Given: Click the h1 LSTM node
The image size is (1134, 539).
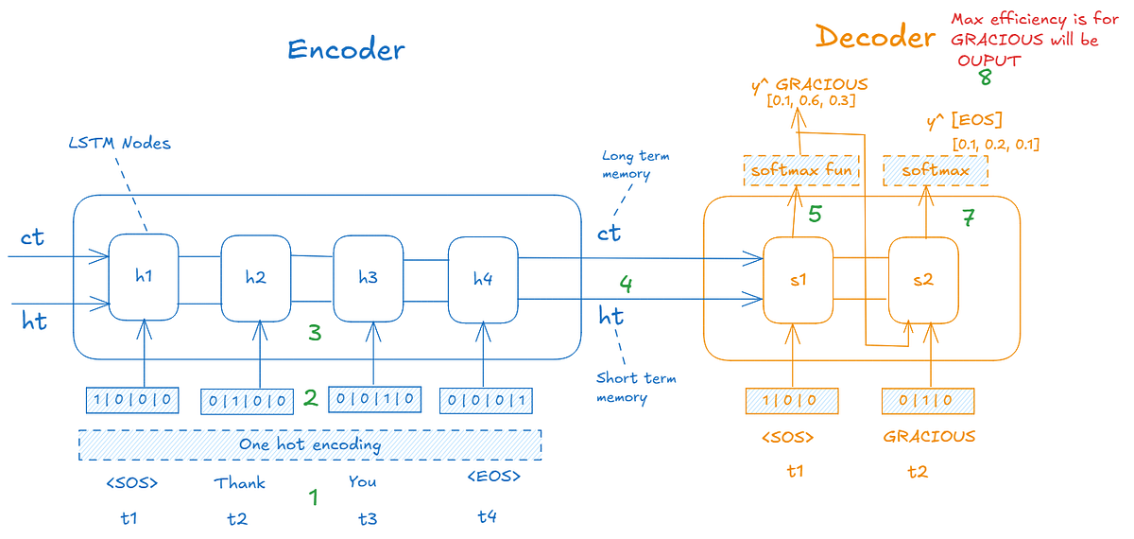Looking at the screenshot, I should click(x=144, y=277).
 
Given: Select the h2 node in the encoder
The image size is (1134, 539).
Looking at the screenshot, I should click(x=255, y=278).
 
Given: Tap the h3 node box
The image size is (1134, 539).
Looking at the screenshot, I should click(x=368, y=278).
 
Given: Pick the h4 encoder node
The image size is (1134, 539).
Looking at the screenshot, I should click(x=483, y=279).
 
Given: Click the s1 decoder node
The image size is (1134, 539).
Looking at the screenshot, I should click(x=798, y=281).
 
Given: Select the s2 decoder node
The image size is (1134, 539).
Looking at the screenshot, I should click(x=923, y=281).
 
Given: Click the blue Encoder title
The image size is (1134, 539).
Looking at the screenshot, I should click(x=346, y=49).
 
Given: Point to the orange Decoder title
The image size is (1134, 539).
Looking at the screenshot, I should click(x=875, y=37).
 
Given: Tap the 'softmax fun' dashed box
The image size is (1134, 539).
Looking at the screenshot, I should click(x=801, y=170).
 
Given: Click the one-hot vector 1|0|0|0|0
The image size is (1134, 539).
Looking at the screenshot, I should click(x=130, y=399).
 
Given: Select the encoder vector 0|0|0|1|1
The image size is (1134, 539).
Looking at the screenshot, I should click(x=485, y=401).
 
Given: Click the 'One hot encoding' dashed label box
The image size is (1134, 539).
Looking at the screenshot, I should click(x=310, y=444).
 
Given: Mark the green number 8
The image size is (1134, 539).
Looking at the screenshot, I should click(x=985, y=78).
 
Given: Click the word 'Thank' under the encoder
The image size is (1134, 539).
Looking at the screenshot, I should click(x=240, y=483).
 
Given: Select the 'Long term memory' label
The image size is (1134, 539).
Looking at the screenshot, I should click(x=635, y=165).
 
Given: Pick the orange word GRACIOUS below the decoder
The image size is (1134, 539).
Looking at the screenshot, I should click(x=929, y=437).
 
